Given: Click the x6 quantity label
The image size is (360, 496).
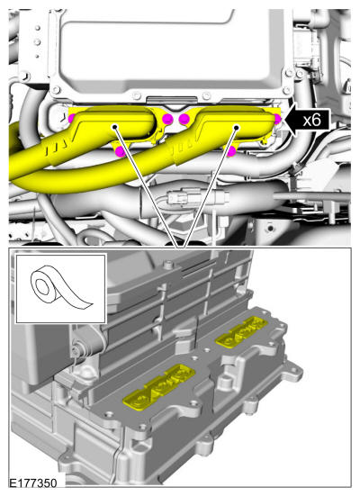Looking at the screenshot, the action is [311, 121].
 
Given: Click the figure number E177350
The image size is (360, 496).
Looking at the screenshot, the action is [33, 483].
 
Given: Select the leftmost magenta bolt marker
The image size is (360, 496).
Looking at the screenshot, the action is [71, 119].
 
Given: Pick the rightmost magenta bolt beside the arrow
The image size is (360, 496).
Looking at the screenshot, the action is [277, 119].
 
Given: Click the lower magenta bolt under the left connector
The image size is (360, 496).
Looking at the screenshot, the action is [120, 151].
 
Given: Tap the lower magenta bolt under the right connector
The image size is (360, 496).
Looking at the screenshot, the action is [231, 151].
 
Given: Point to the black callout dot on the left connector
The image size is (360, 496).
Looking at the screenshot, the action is [114, 127].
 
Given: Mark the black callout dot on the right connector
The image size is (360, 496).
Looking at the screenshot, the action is [236, 128].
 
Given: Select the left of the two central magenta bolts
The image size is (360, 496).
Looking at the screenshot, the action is [167, 119].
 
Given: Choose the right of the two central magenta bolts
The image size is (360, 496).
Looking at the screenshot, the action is [184, 119].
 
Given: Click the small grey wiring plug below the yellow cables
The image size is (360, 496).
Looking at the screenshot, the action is [179, 198].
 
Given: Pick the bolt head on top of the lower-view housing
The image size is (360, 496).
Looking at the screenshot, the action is [170, 264].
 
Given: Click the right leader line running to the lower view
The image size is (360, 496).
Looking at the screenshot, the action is [211, 187].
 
